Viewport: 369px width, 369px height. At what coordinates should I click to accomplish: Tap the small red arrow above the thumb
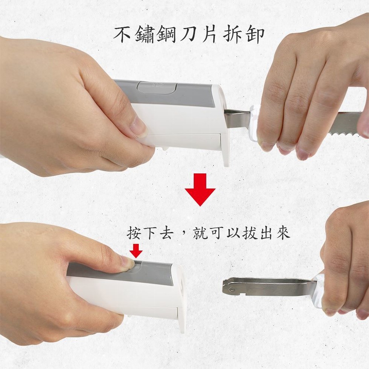136,251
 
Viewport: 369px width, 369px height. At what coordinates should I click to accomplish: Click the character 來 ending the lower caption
283,233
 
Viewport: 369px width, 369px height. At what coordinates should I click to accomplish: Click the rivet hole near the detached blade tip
233,289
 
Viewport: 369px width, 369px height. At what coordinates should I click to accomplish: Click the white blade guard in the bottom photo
318,291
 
